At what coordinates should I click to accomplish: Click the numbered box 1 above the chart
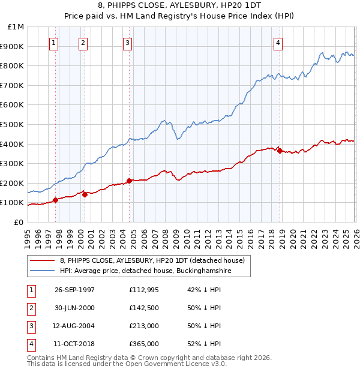pyautogui.click(x=54, y=43)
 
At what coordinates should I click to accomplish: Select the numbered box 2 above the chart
pyautogui.click(x=83, y=43)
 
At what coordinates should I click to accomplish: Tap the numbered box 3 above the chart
pyautogui.click(x=128, y=43)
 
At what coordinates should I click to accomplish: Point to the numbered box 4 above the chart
pyautogui.click(x=278, y=43)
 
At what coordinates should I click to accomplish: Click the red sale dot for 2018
pyautogui.click(x=280, y=151)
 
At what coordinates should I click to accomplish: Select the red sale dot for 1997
pyautogui.click(x=56, y=200)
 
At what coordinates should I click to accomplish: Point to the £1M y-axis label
pyautogui.click(x=16, y=27)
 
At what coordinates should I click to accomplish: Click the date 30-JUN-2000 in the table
pyautogui.click(x=74, y=308)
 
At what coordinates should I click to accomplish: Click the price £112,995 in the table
pyautogui.click(x=143, y=290)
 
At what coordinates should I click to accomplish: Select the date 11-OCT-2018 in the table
pyautogui.click(x=74, y=344)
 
